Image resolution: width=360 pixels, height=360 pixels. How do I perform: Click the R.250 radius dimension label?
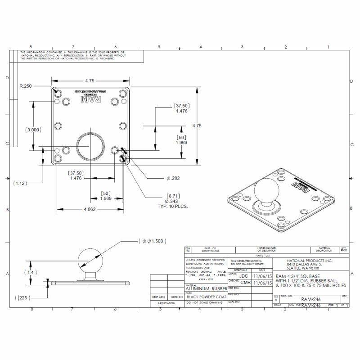pos(26,85)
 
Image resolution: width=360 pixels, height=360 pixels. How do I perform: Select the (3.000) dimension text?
pos(33,130)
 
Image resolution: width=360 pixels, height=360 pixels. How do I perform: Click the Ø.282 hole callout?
pos(173,179)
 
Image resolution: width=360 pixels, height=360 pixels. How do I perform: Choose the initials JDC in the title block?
pos(243,275)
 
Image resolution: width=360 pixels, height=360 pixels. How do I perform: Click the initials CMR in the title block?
pos(245,283)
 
